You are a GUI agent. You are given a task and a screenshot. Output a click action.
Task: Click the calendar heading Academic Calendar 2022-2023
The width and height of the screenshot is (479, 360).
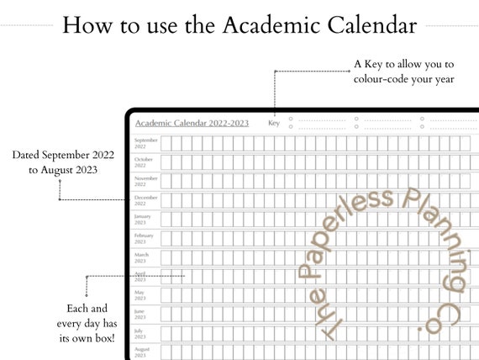pyautogui.click(x=192, y=124)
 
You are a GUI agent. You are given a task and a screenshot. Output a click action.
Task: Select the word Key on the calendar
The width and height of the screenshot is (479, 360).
pyautogui.click(x=273, y=124)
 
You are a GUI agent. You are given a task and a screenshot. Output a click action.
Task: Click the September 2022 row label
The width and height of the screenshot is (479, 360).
pyautogui.click(x=145, y=143)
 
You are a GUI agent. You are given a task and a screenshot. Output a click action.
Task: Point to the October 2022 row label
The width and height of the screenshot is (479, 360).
pyautogui.click(x=144, y=161)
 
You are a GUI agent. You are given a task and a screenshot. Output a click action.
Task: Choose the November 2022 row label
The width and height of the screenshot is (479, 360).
pyautogui.click(x=145, y=181)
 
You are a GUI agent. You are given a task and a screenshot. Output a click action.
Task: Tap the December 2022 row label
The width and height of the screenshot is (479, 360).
pyautogui.click(x=145, y=200)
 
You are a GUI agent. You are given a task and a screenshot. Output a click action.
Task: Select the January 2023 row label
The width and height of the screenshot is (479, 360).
pyautogui.click(x=143, y=219)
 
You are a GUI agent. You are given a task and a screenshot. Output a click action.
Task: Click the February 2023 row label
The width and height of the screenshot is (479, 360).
pyautogui.click(x=144, y=238)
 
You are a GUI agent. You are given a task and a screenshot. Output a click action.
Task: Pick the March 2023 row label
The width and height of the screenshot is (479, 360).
pyautogui.click(x=142, y=257)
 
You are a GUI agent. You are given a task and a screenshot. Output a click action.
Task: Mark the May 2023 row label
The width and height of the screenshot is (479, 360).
pyautogui.click(x=140, y=295)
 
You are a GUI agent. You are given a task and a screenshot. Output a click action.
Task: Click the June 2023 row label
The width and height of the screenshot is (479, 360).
pyautogui.click(x=140, y=314)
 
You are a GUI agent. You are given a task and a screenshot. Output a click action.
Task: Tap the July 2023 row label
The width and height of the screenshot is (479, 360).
pyautogui.click(x=140, y=333)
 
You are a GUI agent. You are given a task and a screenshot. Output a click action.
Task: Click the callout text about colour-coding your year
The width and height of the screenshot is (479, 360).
pyautogui.click(x=403, y=71)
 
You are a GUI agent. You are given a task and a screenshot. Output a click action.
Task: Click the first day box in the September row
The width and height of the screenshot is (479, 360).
pyautogui.click(x=166, y=143)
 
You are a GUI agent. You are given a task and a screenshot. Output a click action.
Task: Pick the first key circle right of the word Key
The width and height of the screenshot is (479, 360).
pyautogui.click(x=291, y=119)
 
